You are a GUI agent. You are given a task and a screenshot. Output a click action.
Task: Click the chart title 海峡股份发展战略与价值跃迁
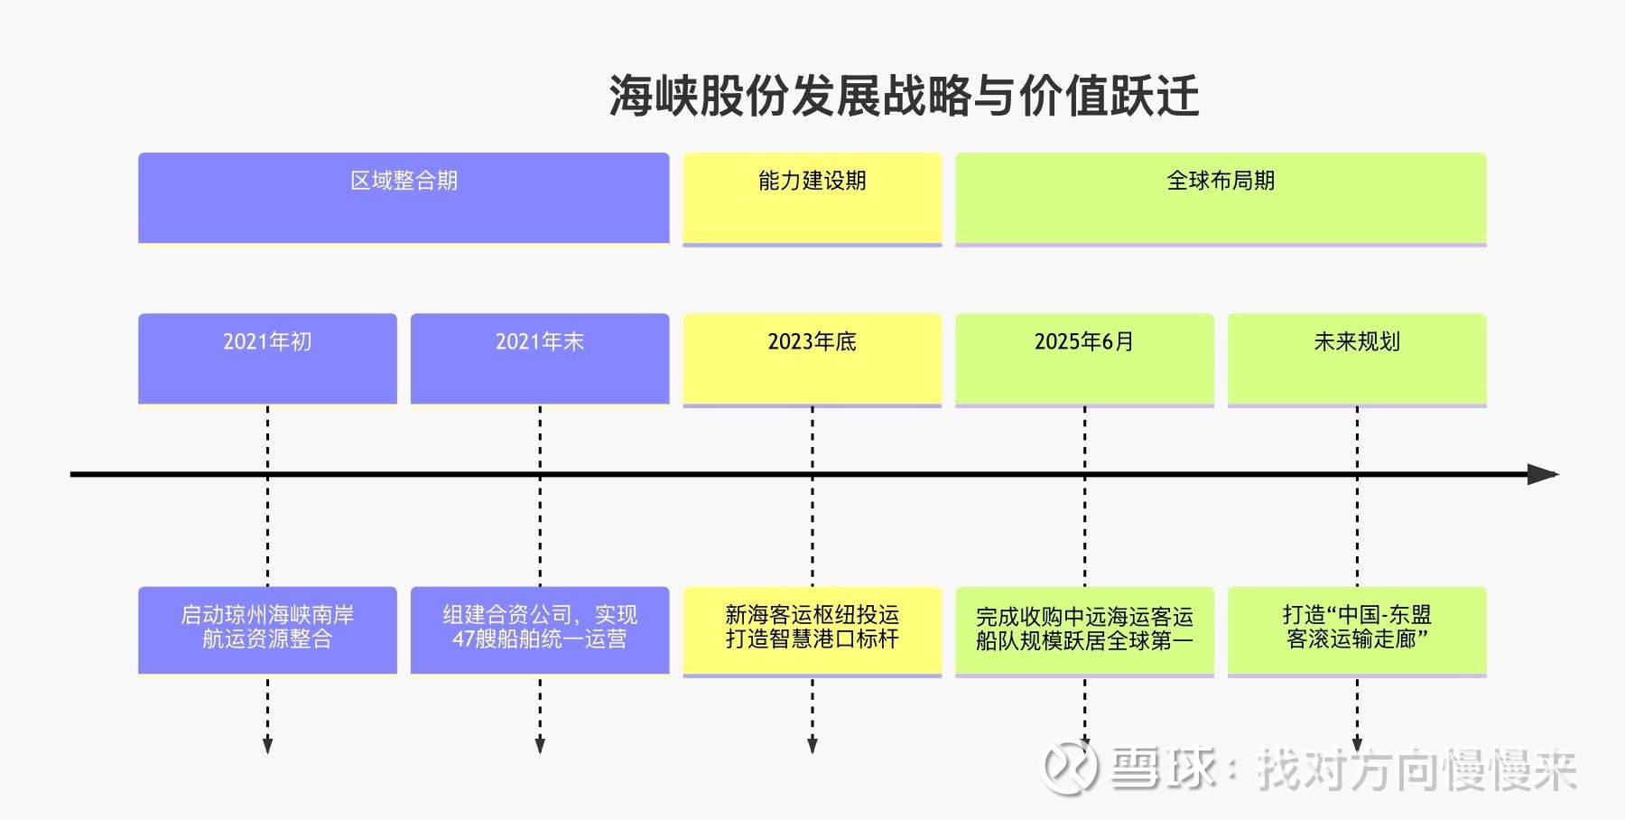(x=904, y=96)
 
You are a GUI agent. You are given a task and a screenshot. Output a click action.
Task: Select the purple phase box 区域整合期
(x=404, y=198)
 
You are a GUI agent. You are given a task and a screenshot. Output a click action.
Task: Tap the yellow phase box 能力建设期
(x=812, y=198)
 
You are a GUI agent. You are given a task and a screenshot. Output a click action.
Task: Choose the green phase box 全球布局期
(x=1221, y=198)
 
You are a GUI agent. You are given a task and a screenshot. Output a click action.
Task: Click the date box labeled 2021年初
(x=267, y=359)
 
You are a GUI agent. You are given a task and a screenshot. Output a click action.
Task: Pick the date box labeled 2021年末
(x=540, y=359)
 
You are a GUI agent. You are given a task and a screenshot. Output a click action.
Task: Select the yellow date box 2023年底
(x=812, y=359)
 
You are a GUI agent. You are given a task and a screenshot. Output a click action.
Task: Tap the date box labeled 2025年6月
(x=1084, y=359)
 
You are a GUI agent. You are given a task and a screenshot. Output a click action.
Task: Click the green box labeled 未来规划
(x=1357, y=359)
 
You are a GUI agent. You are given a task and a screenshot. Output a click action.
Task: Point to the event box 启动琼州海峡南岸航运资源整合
(x=267, y=629)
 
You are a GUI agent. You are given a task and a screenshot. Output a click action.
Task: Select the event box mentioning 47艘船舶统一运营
(x=540, y=629)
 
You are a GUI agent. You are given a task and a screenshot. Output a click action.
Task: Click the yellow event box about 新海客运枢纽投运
(x=812, y=629)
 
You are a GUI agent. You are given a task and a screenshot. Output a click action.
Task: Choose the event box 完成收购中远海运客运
(x=1084, y=629)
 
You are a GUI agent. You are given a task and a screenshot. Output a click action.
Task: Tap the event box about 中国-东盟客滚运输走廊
(x=1357, y=629)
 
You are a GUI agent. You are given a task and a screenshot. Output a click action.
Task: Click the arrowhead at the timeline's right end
(x=1544, y=474)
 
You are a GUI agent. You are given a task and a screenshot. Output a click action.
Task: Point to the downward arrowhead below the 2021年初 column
(x=267, y=745)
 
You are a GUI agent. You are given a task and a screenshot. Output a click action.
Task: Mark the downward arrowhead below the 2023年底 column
(x=812, y=745)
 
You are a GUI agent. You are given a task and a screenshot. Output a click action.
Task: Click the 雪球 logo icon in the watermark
(x=1070, y=769)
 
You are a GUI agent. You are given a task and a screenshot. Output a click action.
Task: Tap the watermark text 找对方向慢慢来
(x=1416, y=770)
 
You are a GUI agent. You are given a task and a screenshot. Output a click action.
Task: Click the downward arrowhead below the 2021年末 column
(x=540, y=745)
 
